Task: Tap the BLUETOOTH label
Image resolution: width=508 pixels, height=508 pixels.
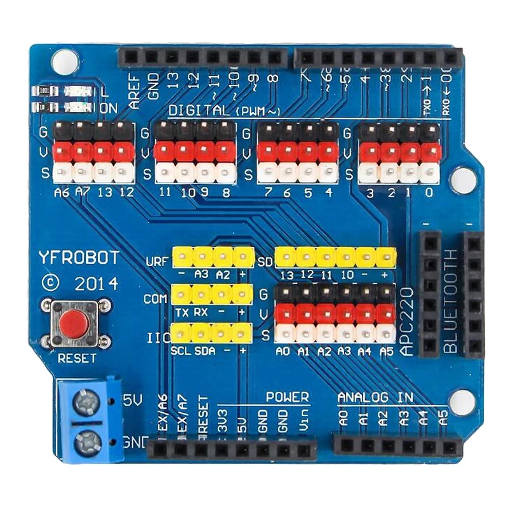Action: pos(450,301)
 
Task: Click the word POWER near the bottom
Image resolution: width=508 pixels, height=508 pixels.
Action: pos(287,398)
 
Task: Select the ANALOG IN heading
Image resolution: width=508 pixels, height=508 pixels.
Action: pos(375,398)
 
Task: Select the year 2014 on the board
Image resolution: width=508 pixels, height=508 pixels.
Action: pos(96,283)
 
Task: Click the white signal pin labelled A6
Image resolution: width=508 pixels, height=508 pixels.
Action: pos(62,172)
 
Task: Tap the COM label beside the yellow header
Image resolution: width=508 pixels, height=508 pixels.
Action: pos(156,298)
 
